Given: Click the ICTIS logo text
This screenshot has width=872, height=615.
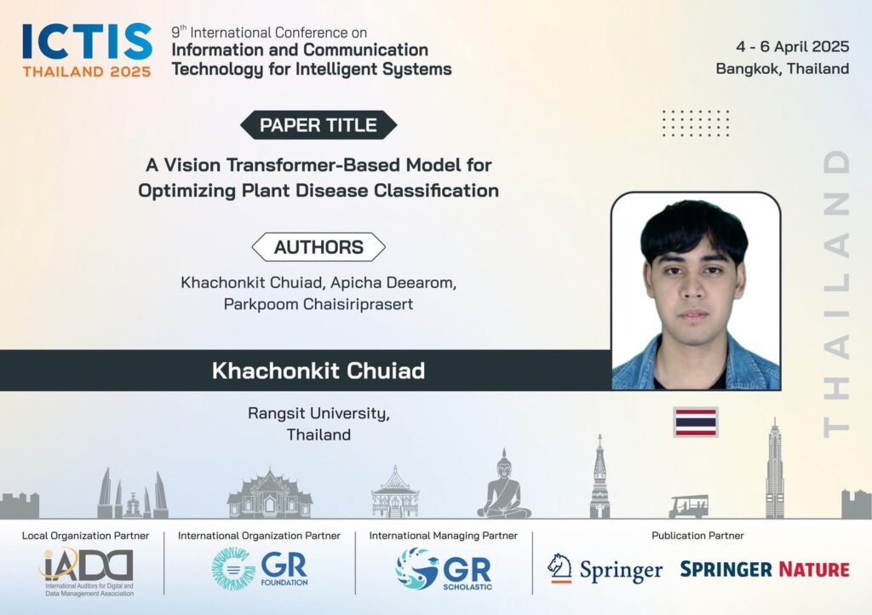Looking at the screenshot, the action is (88, 41).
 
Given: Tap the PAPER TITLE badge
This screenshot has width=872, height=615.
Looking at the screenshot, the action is (318, 125).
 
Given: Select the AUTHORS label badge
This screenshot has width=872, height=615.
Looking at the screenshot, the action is (318, 247).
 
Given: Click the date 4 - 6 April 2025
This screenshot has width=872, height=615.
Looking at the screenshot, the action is (793, 47).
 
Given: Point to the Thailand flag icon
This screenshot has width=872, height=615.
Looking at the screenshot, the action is (696, 422).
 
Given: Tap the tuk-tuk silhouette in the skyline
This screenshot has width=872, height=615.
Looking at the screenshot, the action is (688, 507).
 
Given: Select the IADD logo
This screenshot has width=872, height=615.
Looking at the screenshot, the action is (88, 572).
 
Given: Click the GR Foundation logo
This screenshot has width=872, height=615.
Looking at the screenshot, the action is (260, 568).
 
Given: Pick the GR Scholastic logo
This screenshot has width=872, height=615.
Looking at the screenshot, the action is (444, 569).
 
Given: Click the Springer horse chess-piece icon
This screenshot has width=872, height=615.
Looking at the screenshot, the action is (560, 568).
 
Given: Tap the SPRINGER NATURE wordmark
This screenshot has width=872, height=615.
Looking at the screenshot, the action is (765, 569).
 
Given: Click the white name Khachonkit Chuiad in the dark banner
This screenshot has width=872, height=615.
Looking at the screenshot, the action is (318, 371).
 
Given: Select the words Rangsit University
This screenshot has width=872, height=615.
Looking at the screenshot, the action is (318, 414).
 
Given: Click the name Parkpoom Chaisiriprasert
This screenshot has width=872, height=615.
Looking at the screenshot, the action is (318, 304).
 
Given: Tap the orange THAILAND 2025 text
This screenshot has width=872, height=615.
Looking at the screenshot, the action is (87, 72).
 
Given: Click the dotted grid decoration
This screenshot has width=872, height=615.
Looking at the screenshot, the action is (696, 123).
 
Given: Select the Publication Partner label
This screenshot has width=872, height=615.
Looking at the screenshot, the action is (697, 536).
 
